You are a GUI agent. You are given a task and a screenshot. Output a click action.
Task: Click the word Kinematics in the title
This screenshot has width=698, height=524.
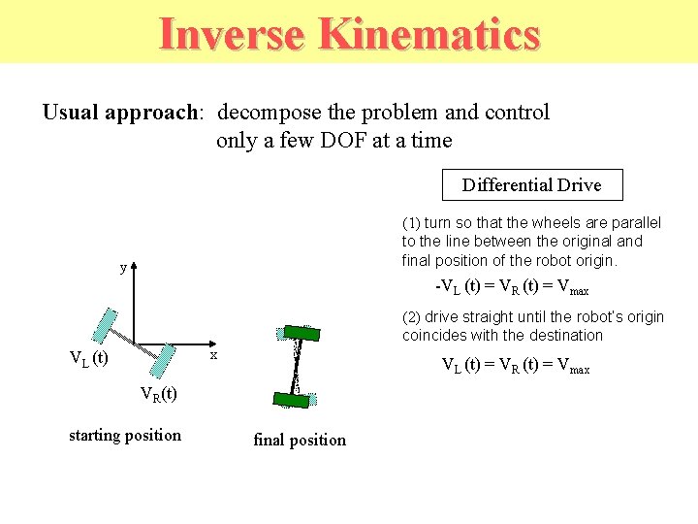click(x=428, y=34)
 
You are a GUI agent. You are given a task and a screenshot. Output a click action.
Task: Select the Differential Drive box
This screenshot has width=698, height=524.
click(x=531, y=184)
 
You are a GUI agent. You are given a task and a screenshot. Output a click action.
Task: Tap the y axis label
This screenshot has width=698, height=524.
click(x=123, y=267)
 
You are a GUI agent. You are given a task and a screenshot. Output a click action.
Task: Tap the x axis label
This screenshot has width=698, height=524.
click(x=214, y=356)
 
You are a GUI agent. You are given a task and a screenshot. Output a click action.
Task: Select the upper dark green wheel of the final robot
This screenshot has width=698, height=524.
click(x=298, y=331)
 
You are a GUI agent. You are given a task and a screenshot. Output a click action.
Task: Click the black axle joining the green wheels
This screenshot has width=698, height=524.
click(x=295, y=365)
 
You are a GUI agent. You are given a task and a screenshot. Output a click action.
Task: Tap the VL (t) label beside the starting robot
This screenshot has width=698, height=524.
click(x=88, y=358)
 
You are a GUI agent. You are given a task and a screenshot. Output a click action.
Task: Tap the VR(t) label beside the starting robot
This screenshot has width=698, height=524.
click(x=158, y=394)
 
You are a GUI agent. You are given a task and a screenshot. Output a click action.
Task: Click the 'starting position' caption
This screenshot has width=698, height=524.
click(x=124, y=435)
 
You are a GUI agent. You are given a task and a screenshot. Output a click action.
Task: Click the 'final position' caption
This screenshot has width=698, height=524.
click(x=299, y=440)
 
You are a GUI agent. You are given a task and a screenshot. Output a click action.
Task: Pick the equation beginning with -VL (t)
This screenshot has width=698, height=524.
click(x=512, y=288)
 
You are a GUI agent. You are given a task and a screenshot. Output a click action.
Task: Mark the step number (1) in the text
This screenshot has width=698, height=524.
click(x=411, y=222)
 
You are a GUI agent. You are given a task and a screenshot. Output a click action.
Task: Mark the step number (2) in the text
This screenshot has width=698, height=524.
click(x=411, y=317)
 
